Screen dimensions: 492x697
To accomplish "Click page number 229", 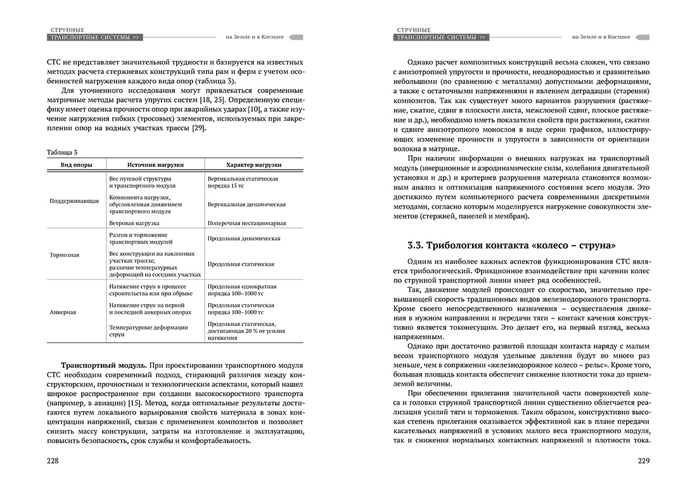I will point(644,460).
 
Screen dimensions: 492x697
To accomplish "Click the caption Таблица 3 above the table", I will point(62,152).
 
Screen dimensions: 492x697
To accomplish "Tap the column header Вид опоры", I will point(75,165).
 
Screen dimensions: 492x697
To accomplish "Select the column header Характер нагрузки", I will point(253,165).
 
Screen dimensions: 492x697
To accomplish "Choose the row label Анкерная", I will point(64,312).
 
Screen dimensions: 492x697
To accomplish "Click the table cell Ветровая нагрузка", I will point(134,223).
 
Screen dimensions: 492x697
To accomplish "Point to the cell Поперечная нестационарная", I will point(246,223).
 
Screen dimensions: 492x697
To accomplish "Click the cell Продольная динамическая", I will point(244,239).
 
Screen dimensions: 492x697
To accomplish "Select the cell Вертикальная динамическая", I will point(246,205).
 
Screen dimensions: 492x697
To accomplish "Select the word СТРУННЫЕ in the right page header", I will point(414,30).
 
